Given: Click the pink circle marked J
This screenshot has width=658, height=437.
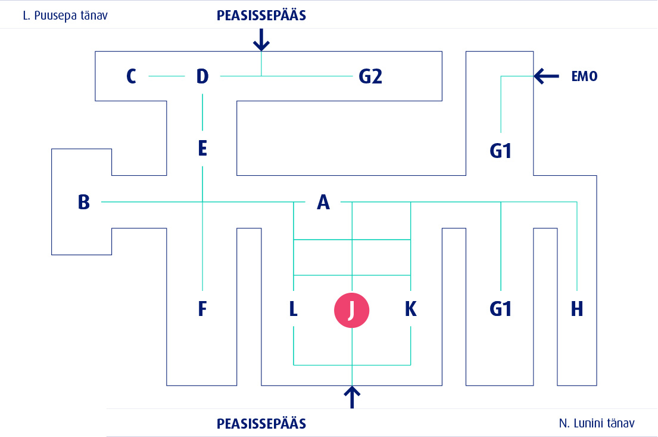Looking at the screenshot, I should click(x=352, y=311).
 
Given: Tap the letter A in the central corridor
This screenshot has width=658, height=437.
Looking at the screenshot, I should click(x=323, y=203).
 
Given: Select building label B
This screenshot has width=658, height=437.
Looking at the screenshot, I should click(x=84, y=202).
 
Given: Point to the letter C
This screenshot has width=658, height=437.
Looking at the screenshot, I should click(x=132, y=76).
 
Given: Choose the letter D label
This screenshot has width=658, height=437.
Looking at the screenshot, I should click(x=202, y=76).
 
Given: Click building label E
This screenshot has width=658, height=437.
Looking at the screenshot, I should click(x=202, y=148).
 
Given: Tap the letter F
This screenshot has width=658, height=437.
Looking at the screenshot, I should click(x=202, y=309).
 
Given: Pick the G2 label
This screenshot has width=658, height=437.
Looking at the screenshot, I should click(x=370, y=76).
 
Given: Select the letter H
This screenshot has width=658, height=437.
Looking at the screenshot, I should click(x=576, y=309).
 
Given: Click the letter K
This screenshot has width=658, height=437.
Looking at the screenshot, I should click(x=411, y=309).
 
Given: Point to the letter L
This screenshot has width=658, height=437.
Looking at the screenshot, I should click(x=294, y=309).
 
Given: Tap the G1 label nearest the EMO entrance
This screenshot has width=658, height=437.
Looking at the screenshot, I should click(x=501, y=151).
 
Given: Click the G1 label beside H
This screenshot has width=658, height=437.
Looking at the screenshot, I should click(x=501, y=309).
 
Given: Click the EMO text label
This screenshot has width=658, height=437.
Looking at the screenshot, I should click(x=584, y=76).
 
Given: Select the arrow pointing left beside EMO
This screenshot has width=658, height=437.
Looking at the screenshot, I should click(x=546, y=76).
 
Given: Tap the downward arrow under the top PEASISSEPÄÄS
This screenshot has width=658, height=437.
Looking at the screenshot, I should click(x=261, y=40).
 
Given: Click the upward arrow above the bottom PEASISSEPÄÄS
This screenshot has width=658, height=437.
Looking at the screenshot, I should click(x=353, y=397).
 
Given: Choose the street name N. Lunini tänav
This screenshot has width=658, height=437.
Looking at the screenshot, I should click(x=597, y=423).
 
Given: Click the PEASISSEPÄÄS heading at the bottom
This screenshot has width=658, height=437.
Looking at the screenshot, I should click(x=261, y=424).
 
